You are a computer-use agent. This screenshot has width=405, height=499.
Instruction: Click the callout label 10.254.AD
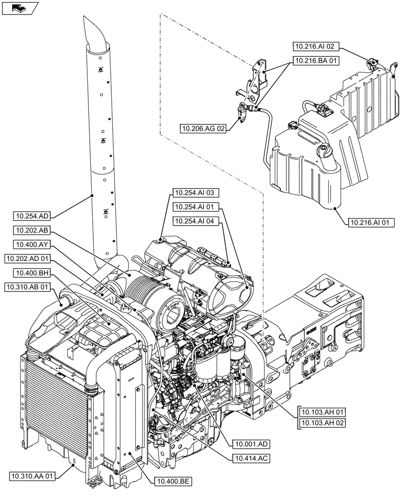coord(33,216)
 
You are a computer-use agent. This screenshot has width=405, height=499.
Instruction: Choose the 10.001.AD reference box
coord(250,443)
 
